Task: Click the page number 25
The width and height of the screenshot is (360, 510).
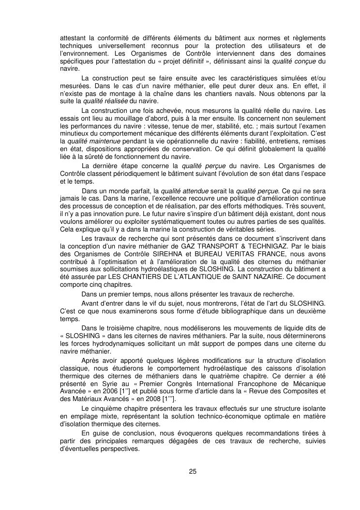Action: coord(193,470)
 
